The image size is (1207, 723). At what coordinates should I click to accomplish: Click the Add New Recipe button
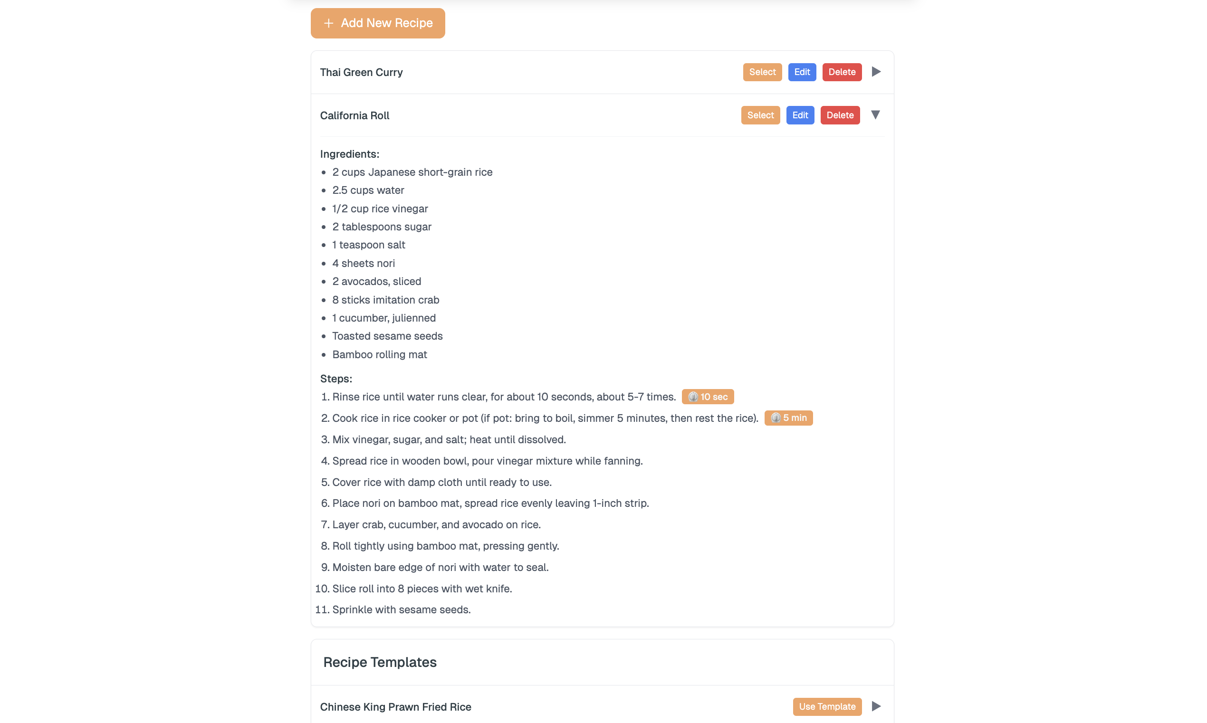pyautogui.click(x=378, y=23)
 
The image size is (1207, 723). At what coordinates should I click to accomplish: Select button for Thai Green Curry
pyautogui.click(x=762, y=72)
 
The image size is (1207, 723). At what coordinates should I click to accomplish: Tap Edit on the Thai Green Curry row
pyautogui.click(x=802, y=72)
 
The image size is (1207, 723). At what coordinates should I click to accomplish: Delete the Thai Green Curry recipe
pyautogui.click(x=842, y=72)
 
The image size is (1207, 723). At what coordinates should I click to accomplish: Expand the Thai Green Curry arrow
pyautogui.click(x=876, y=72)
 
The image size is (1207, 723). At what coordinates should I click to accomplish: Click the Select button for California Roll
pyautogui.click(x=760, y=115)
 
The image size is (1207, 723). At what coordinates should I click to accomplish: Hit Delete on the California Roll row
pyautogui.click(x=840, y=115)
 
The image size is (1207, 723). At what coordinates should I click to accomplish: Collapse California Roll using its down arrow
pyautogui.click(x=875, y=115)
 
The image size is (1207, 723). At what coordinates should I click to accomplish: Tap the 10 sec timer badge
pyautogui.click(x=708, y=397)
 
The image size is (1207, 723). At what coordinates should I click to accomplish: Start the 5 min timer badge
pyautogui.click(x=788, y=418)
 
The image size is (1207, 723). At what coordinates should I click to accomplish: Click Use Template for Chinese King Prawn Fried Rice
pyautogui.click(x=826, y=706)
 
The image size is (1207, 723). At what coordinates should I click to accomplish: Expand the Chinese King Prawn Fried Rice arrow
pyautogui.click(x=876, y=706)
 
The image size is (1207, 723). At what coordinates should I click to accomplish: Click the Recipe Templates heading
pyautogui.click(x=380, y=662)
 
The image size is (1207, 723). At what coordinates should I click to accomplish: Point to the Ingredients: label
pyautogui.click(x=349, y=154)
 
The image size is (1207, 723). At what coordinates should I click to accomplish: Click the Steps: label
pyautogui.click(x=336, y=379)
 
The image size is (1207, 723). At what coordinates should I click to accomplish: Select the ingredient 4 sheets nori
pyautogui.click(x=363, y=264)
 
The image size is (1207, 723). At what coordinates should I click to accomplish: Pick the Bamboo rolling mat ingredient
pyautogui.click(x=379, y=355)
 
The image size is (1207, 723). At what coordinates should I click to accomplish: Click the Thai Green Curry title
pyautogui.click(x=361, y=73)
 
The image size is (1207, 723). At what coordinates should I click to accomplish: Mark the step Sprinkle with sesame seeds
pyautogui.click(x=401, y=610)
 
